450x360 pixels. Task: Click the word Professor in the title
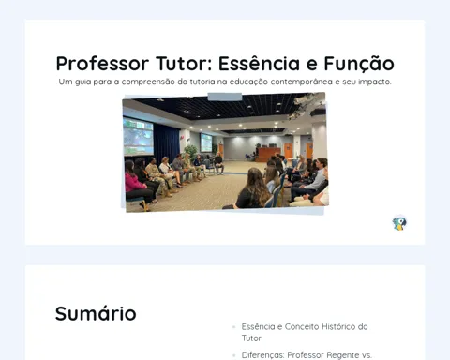[102, 64]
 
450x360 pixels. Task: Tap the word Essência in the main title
[259, 64]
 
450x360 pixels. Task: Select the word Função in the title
[359, 65]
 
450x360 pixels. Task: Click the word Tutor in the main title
[184, 64]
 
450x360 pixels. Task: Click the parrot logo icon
[399, 223]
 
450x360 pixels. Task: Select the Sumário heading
[96, 313]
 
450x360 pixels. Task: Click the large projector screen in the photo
[138, 137]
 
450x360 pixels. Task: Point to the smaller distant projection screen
[206, 142]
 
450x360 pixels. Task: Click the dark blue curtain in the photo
[166, 142]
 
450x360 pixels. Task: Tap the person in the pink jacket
[135, 184]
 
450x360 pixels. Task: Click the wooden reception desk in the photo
[266, 154]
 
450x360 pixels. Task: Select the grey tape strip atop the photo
[225, 97]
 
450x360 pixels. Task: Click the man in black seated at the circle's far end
[218, 163]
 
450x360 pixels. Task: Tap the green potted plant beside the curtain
[191, 152]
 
